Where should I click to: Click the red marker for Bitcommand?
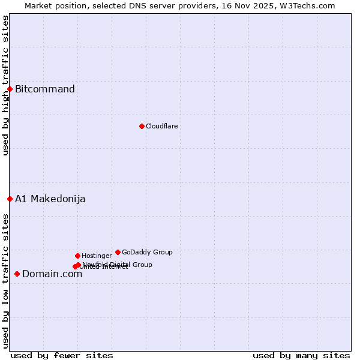point(10,89)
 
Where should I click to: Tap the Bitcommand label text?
point(45,89)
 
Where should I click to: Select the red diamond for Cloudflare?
point(142,126)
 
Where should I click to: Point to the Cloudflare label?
point(162,126)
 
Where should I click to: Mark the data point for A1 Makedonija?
point(10,199)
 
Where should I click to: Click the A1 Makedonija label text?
point(50,199)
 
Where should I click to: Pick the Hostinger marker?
point(77,256)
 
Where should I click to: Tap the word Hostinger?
point(97,256)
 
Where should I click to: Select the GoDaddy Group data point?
point(118,252)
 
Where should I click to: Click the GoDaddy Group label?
point(147,252)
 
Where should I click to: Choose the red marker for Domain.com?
point(17,274)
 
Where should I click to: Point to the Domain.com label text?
point(52,274)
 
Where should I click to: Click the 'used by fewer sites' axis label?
point(62,355)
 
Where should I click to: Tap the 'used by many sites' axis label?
point(301,355)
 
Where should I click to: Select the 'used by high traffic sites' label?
point(5,85)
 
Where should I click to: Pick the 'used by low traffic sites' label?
point(5,281)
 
